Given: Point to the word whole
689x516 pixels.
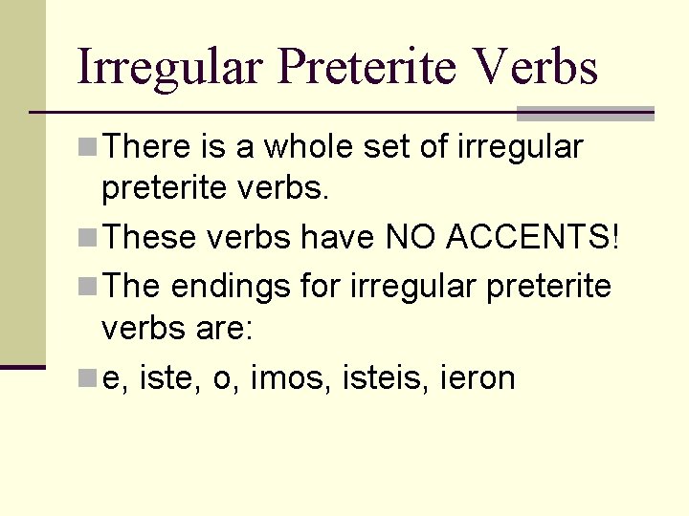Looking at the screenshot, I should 318,147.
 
